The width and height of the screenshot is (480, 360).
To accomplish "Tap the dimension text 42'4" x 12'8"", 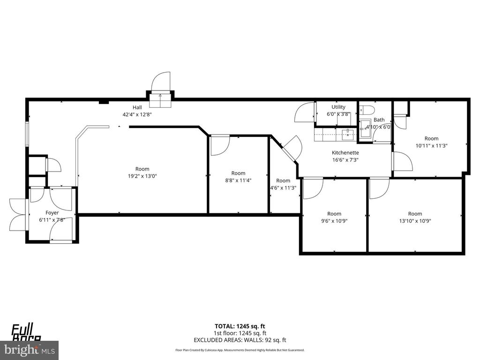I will [x=137, y=114].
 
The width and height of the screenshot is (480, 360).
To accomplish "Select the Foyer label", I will [x=52, y=213].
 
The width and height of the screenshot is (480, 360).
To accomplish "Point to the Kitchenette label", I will [x=345, y=153].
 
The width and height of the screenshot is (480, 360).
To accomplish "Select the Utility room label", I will [x=338, y=107].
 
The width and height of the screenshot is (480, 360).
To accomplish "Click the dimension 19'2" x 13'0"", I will [x=142, y=176].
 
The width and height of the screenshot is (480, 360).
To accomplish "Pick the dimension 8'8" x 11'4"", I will [x=238, y=180].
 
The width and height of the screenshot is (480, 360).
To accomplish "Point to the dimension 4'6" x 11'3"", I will [x=283, y=188].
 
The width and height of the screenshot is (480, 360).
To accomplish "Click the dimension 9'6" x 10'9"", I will [x=334, y=221].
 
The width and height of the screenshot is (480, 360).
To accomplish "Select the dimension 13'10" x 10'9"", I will [x=415, y=221].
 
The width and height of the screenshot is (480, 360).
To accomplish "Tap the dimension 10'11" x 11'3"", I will [x=431, y=145].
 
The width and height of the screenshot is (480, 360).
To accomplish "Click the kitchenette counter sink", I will [x=347, y=135].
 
